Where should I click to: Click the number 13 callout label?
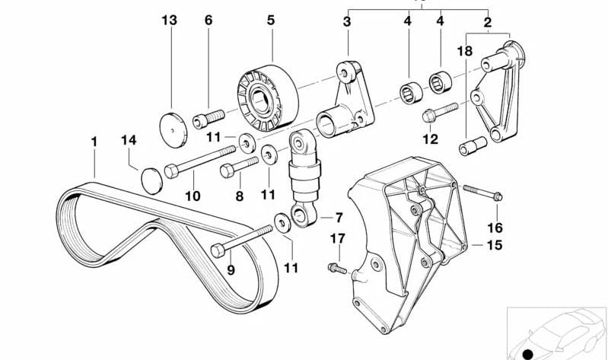[170, 21]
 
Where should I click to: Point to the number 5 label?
[270, 21]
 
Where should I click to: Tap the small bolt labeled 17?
[335, 267]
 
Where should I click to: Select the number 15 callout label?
[495, 245]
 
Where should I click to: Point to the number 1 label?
[94, 142]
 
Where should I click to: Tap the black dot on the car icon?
[526, 352]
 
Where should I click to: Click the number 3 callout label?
[346, 22]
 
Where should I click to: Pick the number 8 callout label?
[238, 196]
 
